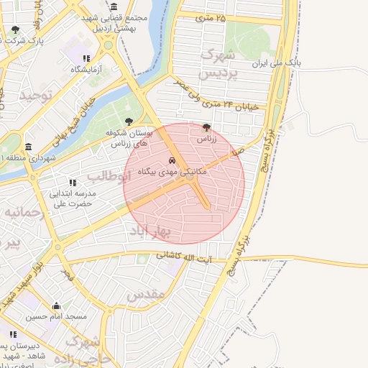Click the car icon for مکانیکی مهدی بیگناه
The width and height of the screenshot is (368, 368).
(x=172, y=160)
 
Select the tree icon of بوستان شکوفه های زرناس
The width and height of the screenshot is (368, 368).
(x=129, y=121)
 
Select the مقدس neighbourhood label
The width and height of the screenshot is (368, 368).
(x=146, y=295)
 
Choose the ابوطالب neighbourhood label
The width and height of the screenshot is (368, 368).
(x=106, y=176)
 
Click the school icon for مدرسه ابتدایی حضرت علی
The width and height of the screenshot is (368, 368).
(x=71, y=183)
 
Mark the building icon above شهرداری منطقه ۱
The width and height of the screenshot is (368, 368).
(x=28, y=146)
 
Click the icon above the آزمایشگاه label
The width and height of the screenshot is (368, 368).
(x=86, y=58)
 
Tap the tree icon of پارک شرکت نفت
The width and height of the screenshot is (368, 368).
(x=16, y=29)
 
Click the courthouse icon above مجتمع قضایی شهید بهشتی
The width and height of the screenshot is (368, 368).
(x=113, y=6)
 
